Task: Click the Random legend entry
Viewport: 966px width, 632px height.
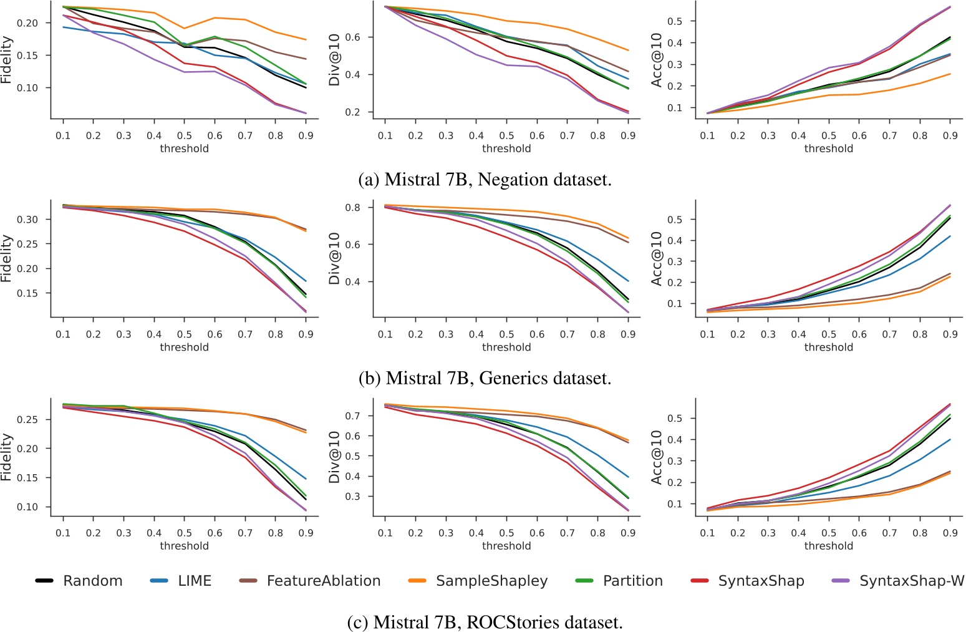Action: pyautogui.click(x=92, y=581)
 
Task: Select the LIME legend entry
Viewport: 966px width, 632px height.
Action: pyautogui.click(x=195, y=581)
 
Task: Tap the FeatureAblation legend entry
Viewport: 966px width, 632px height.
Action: pyautogui.click(x=323, y=581)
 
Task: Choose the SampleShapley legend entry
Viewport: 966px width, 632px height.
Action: pyautogui.click(x=491, y=581)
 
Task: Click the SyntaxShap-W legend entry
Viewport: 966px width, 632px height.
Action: pyautogui.click(x=911, y=581)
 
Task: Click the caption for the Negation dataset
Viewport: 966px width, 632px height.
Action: pyautogui.click(x=485, y=180)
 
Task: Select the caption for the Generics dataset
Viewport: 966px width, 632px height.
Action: pyautogui.click(x=485, y=378)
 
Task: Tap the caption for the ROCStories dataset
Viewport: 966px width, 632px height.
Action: pyautogui.click(x=485, y=621)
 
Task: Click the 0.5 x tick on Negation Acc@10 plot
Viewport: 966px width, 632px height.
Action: pyautogui.click(x=829, y=135)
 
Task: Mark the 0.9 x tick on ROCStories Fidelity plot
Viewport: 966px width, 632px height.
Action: pyautogui.click(x=306, y=533)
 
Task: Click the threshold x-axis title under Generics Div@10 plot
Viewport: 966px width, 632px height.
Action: pyautogui.click(x=506, y=347)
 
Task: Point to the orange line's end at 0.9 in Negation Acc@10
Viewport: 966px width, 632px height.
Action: pyautogui.click(x=950, y=74)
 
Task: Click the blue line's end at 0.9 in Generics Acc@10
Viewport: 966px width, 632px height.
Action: pyautogui.click(x=950, y=236)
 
